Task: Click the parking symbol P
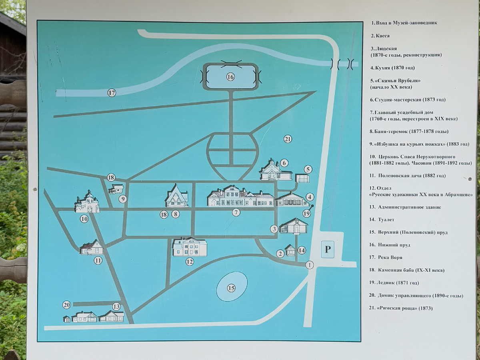point(328,250)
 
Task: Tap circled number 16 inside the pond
point(230,77)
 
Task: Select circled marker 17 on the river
point(112,93)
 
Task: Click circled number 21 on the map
point(288,139)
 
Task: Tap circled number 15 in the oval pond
point(231,288)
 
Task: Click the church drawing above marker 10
point(87,202)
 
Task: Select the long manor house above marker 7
point(240,196)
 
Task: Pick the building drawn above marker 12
point(190,247)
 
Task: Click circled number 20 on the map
point(66,305)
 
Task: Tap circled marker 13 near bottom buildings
point(116,307)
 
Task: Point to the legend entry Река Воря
point(390,257)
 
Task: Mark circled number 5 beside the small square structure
point(308,169)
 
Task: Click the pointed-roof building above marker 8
point(177,196)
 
